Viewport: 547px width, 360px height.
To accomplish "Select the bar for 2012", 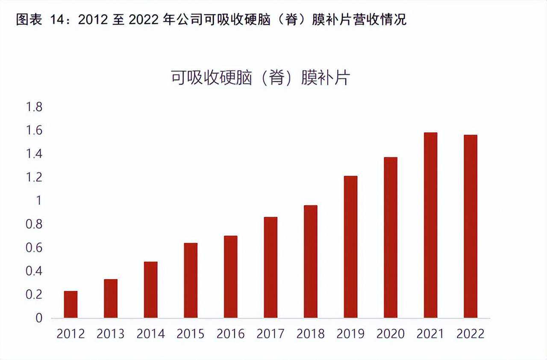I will coord(71,304).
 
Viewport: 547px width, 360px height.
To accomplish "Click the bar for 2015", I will coord(191,280).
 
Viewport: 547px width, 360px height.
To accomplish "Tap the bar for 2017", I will coord(271,267).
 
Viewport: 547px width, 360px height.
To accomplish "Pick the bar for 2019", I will coord(350,247).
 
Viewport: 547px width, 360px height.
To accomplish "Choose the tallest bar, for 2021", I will coord(430,225).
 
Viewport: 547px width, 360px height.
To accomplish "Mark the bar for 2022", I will coord(471,226).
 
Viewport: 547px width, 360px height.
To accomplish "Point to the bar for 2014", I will coord(150,290).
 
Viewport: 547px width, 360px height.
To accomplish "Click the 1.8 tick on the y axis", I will coord(34,107).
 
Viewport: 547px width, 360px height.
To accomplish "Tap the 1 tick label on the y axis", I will coord(39,201).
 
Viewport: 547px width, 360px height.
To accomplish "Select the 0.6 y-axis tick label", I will coord(34,248).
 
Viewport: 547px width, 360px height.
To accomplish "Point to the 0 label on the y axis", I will coord(39,318).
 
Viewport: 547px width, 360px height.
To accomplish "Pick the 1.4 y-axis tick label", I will coord(34,154).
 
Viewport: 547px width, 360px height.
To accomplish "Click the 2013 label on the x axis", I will coord(111,334).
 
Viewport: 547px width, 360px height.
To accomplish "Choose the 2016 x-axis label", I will coord(230,334).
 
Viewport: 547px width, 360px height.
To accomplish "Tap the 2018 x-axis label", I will coord(311,334).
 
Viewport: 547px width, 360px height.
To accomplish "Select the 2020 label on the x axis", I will coord(391,334).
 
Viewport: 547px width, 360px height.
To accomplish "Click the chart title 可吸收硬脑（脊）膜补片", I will coord(260,78).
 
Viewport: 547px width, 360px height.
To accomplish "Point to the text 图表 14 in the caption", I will coord(43,20).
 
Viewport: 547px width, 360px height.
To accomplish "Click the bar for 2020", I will coord(391,238).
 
